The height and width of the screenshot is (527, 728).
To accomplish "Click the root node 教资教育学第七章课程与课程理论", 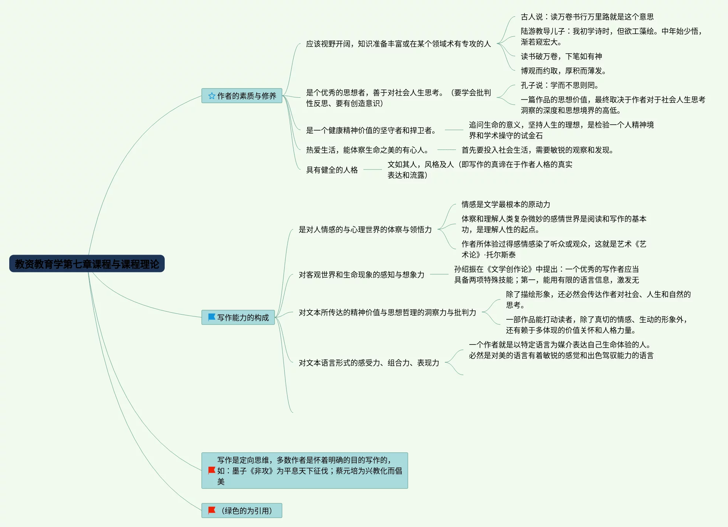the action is pyautogui.click(x=87, y=264).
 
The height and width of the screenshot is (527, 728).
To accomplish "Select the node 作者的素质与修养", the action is pyautogui.click(x=246, y=96).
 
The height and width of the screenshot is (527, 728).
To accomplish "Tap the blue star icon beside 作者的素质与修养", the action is pyautogui.click(x=212, y=96).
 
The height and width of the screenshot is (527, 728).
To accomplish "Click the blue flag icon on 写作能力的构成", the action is pyautogui.click(x=212, y=317).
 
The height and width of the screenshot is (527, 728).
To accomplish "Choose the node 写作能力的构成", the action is pyautogui.click(x=243, y=318).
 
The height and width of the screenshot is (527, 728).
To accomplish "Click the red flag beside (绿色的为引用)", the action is pyautogui.click(x=212, y=510).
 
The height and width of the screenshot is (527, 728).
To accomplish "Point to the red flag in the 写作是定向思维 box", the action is pyautogui.click(x=212, y=470).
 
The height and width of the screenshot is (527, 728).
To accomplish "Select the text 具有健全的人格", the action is pyautogui.click(x=332, y=170).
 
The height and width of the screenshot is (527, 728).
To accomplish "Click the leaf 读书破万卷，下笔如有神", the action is pyautogui.click(x=561, y=56).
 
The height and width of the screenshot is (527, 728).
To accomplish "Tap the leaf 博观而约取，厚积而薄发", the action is pyautogui.click(x=563, y=71).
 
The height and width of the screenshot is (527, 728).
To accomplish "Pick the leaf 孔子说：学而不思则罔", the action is pyautogui.click(x=559, y=85).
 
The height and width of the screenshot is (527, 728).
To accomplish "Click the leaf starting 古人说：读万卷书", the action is pyautogui.click(x=587, y=17).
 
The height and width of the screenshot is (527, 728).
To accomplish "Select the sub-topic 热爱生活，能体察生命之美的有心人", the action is pyautogui.click(x=367, y=150).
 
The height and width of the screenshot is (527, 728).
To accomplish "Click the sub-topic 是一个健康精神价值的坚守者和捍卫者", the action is pyautogui.click(x=371, y=130).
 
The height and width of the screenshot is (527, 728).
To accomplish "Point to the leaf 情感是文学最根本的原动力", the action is pyautogui.click(x=506, y=204).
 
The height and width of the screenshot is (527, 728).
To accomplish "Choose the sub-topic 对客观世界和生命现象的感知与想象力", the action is pyautogui.click(x=361, y=275).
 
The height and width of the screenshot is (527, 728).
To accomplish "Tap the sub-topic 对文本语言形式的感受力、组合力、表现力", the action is pyautogui.click(x=369, y=363).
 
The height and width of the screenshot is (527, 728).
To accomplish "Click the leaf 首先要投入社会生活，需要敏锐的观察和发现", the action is pyautogui.click(x=537, y=150).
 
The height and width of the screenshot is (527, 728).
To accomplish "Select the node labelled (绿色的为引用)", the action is pyautogui.click(x=246, y=511).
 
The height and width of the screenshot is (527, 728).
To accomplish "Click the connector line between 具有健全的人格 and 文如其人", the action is pyautogui.click(x=372, y=169).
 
